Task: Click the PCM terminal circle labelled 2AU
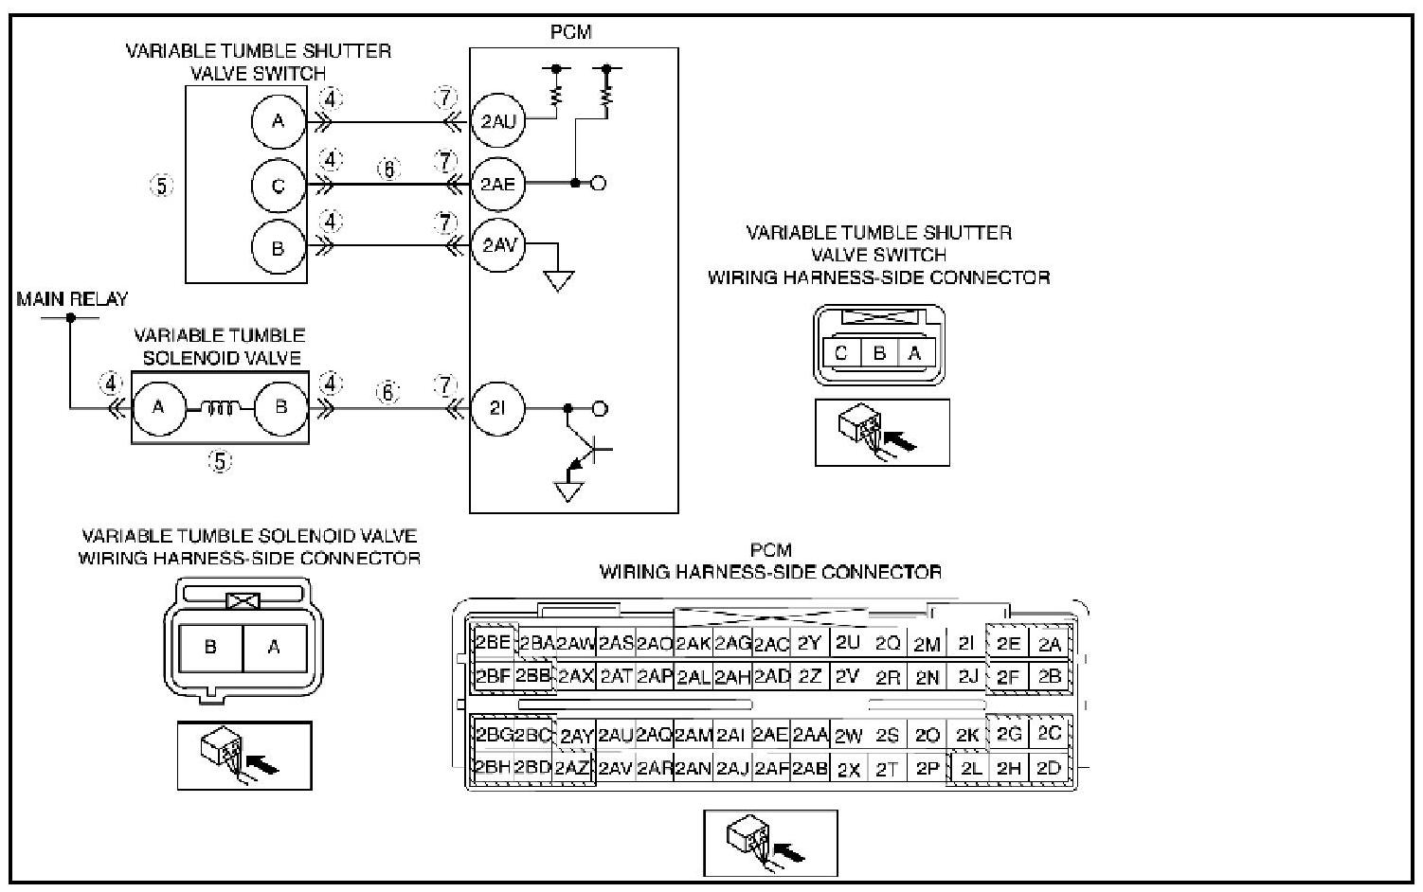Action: click(498, 120)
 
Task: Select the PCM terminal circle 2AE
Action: click(498, 184)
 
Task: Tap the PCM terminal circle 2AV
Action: click(498, 245)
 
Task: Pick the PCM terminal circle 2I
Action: click(498, 408)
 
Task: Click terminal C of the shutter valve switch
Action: click(279, 186)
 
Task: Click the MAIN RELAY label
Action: click(72, 299)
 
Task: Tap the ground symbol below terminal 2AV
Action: click(559, 280)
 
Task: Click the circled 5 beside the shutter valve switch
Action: click(161, 186)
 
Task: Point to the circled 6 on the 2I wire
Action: click(388, 392)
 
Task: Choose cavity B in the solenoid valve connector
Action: click(211, 648)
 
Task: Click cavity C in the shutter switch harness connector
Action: click(841, 353)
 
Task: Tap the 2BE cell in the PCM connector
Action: click(494, 643)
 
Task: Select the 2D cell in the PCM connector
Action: click(1049, 768)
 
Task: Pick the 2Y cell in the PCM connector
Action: click(809, 643)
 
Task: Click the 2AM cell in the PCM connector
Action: click(693, 735)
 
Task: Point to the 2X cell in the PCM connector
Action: click(849, 770)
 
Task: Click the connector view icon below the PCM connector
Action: click(770, 843)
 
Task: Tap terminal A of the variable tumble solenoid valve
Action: click(159, 408)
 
